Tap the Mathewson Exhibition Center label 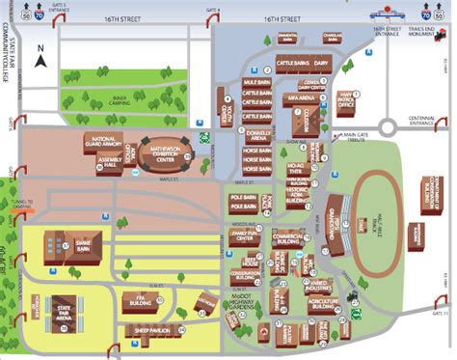pos(174,155)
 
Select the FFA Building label pos(140,299)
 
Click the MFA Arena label pos(305,97)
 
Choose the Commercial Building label pos(288,235)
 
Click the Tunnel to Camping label pos(17,204)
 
